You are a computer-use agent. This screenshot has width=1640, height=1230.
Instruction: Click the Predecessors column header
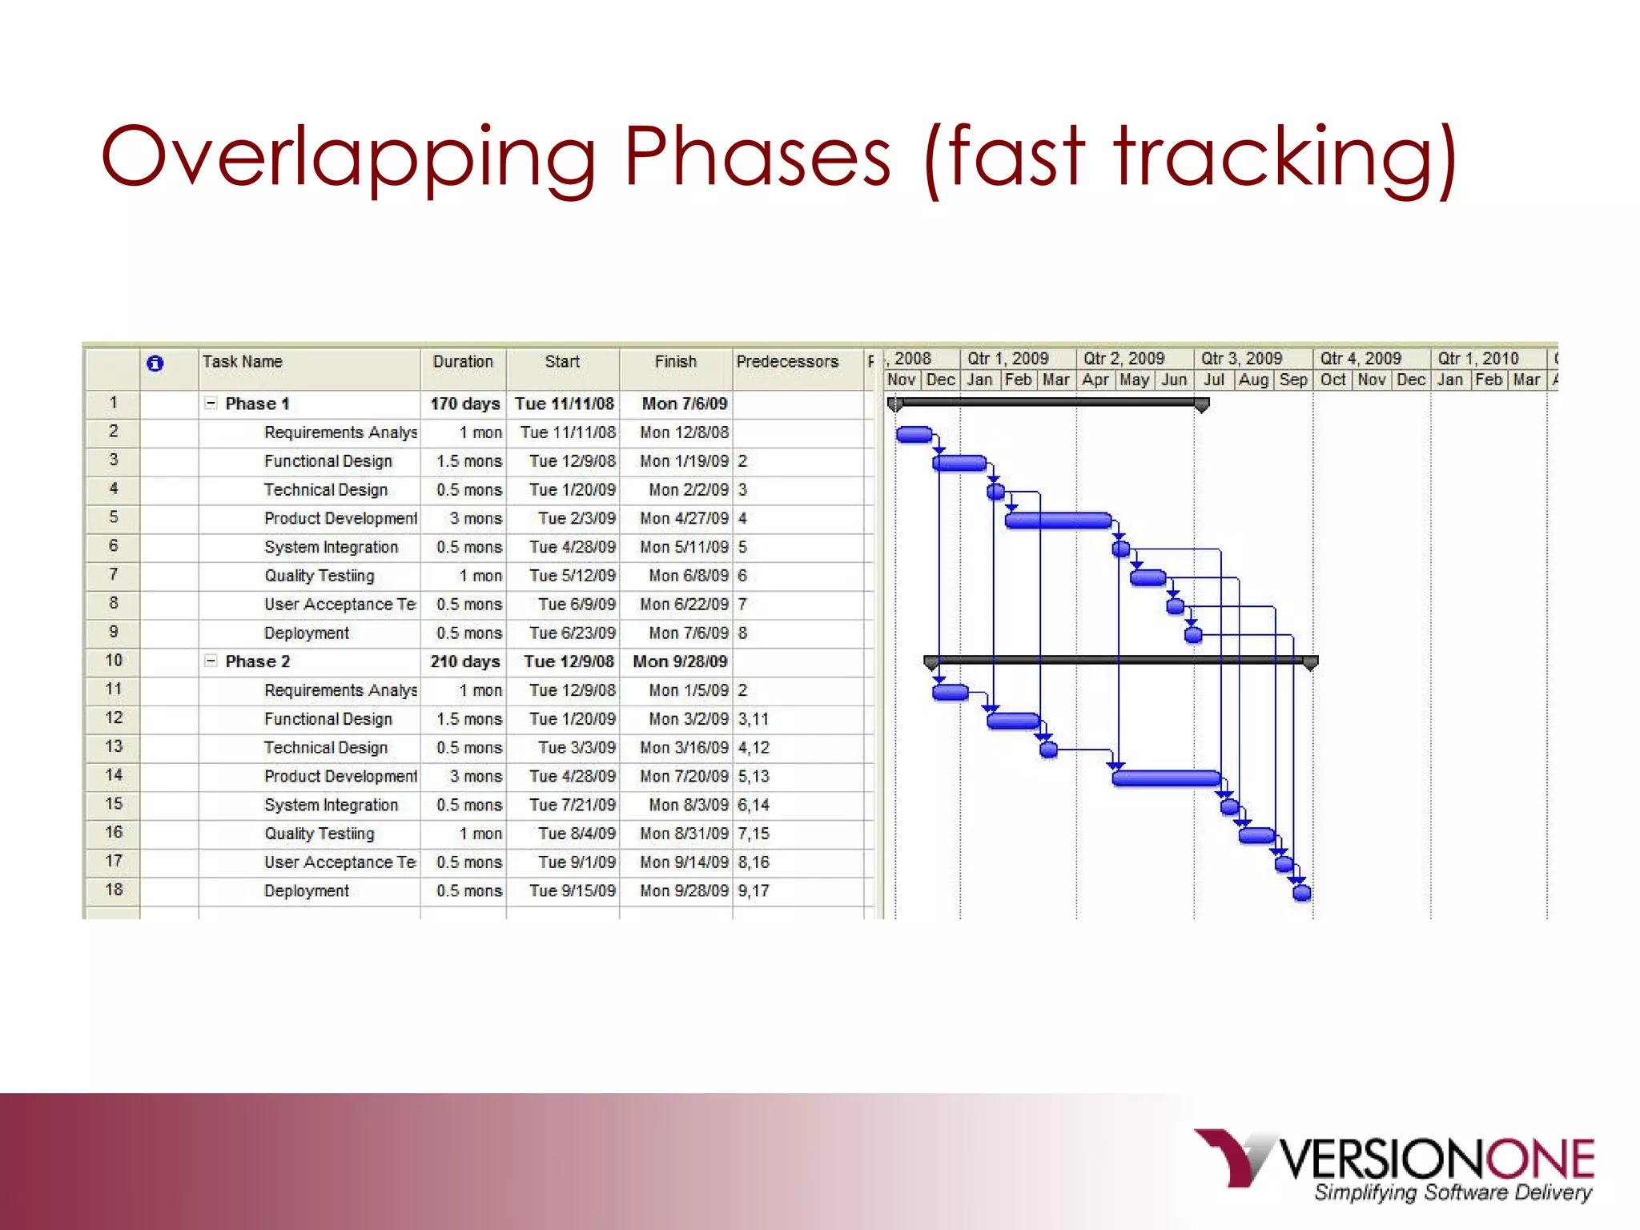(x=787, y=361)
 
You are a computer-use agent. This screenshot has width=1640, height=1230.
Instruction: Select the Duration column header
(x=463, y=361)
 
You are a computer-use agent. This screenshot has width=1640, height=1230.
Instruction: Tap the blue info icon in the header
(x=155, y=364)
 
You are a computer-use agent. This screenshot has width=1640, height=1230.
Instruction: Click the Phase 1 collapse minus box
(x=211, y=404)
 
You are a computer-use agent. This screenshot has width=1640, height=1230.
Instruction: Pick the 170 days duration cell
(x=464, y=404)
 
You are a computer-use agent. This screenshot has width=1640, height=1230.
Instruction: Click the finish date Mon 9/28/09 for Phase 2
(x=680, y=661)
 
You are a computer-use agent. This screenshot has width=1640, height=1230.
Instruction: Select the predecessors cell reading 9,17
(x=754, y=890)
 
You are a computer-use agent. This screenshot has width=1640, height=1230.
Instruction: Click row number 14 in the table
(x=114, y=775)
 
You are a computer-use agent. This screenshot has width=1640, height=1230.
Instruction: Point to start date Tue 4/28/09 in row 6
(x=572, y=547)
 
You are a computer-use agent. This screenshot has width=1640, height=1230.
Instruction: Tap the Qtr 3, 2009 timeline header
(x=1241, y=359)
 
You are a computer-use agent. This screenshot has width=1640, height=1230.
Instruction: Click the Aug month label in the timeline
(x=1253, y=380)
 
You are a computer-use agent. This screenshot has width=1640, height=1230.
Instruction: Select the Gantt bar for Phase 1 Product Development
(x=1058, y=521)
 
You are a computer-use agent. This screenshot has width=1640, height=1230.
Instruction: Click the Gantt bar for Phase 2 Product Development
(x=1166, y=778)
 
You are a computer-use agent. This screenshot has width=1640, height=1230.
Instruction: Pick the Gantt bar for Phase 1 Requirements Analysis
(x=914, y=435)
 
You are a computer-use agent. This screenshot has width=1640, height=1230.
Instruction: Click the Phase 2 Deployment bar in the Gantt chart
(x=1302, y=893)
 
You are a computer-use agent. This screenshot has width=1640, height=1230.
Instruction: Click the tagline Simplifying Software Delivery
(x=1453, y=1192)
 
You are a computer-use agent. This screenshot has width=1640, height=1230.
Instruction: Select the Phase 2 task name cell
(x=257, y=661)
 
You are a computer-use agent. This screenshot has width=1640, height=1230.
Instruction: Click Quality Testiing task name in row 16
(x=319, y=834)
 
